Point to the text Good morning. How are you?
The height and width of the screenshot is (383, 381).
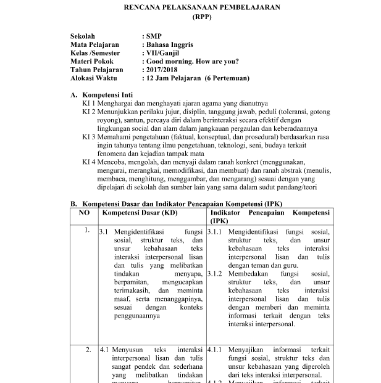191,62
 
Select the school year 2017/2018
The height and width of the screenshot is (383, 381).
164,70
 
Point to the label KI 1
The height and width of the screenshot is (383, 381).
89,104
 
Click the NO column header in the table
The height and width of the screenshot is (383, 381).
84,212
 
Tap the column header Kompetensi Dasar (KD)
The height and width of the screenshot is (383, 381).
138,212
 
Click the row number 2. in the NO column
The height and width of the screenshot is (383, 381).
88,349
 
